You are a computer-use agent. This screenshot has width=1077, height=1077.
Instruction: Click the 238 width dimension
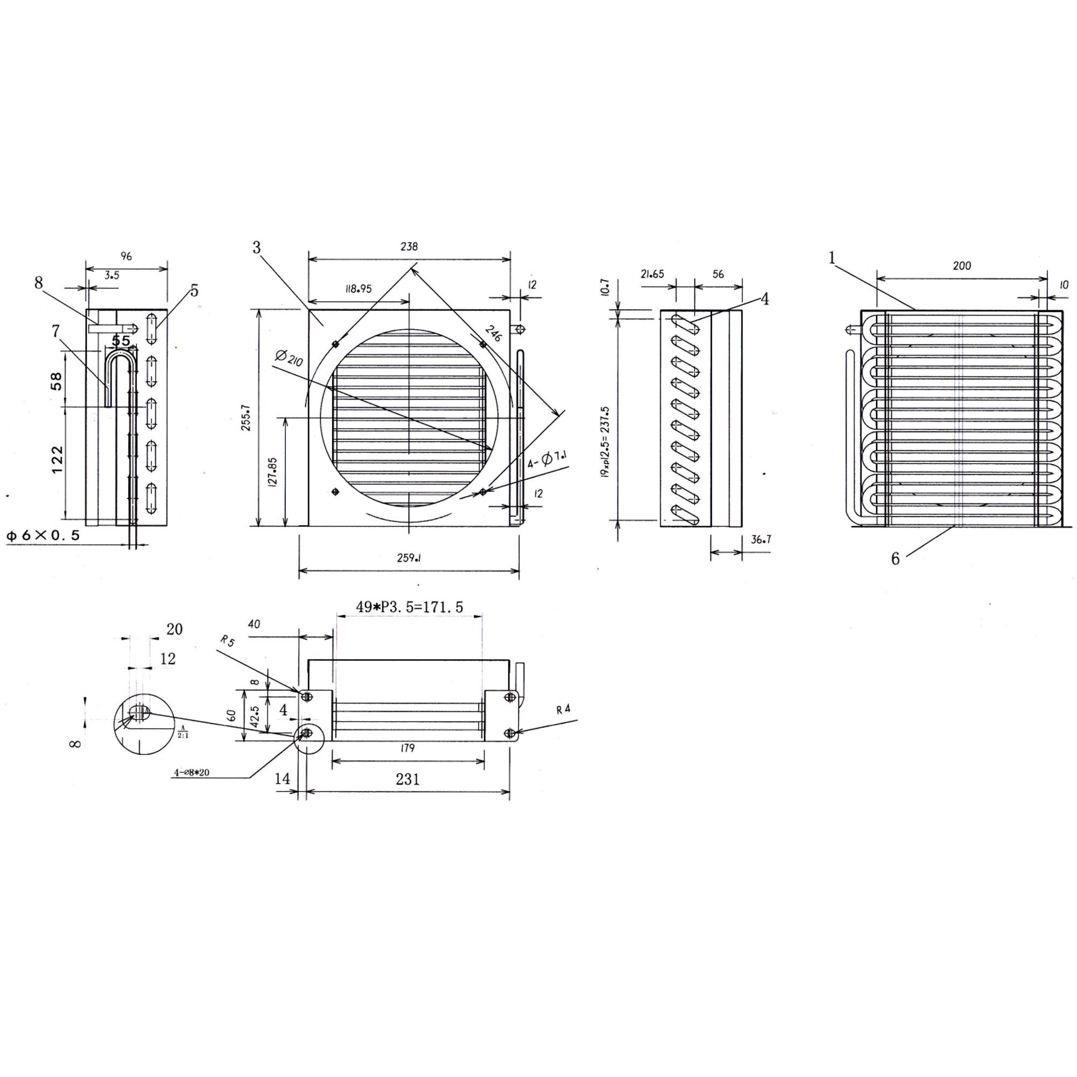(x=409, y=247)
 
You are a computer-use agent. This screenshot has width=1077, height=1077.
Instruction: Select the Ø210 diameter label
(x=289, y=359)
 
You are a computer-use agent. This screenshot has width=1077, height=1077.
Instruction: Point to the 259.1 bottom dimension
(x=409, y=558)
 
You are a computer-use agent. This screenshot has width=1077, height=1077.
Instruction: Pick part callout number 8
(x=38, y=283)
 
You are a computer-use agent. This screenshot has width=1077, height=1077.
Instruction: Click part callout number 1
(x=832, y=258)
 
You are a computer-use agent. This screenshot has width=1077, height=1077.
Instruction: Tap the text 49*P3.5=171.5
(x=410, y=607)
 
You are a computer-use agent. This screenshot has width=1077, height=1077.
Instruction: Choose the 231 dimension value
(x=408, y=779)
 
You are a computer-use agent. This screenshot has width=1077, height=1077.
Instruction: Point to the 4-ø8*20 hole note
(x=192, y=773)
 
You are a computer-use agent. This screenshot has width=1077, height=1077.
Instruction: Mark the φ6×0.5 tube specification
(x=43, y=536)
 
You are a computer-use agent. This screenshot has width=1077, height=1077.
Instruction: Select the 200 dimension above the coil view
(x=962, y=266)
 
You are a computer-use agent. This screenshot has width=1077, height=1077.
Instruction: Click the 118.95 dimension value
(x=359, y=289)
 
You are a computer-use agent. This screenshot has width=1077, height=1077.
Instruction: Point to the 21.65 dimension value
(x=652, y=274)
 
